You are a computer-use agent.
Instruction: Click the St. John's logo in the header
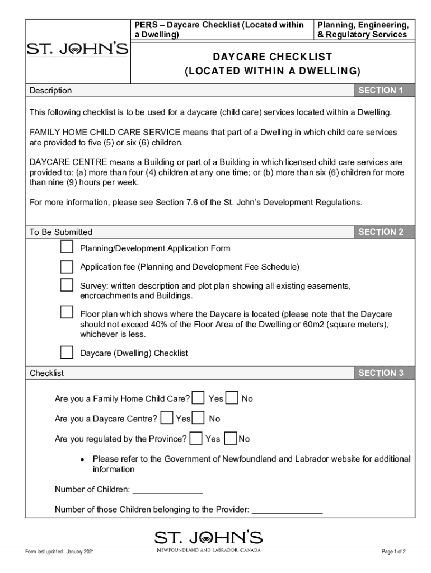coord(78,50)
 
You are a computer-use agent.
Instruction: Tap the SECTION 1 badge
coord(381,91)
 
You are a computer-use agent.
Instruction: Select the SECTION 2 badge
coord(381,232)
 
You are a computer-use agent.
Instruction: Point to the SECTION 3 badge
coord(381,373)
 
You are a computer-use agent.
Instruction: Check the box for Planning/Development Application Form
coord(67,247)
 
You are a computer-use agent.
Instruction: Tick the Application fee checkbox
coord(67,266)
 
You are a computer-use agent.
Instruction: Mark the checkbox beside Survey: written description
coord(67,285)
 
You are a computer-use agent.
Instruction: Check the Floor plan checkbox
coord(67,312)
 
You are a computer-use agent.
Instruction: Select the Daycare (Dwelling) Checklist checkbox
coord(67,353)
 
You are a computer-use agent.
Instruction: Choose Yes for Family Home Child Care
coord(198,398)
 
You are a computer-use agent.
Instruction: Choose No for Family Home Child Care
coord(232,398)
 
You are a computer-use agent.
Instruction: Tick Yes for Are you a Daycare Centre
coord(166,418)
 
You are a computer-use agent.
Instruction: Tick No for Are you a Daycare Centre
coord(199,418)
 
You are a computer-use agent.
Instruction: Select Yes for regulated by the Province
coord(196,438)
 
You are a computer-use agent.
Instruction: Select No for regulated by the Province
coord(230,438)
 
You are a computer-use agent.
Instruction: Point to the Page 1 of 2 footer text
coord(393,552)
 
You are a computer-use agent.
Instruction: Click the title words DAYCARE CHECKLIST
coord(273,57)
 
